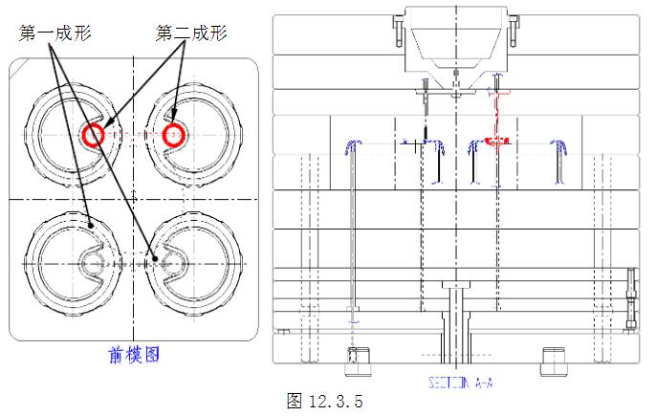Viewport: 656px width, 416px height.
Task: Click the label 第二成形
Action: click(190, 33)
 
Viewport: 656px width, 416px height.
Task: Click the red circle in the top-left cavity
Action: click(93, 134)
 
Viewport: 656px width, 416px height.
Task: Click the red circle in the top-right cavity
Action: click(173, 134)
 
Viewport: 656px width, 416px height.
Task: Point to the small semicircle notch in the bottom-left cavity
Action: click(93, 259)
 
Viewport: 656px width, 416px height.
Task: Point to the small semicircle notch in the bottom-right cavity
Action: click(173, 259)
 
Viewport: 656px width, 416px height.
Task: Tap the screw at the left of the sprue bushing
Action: click(394, 30)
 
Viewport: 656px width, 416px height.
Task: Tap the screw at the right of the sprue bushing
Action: click(513, 30)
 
